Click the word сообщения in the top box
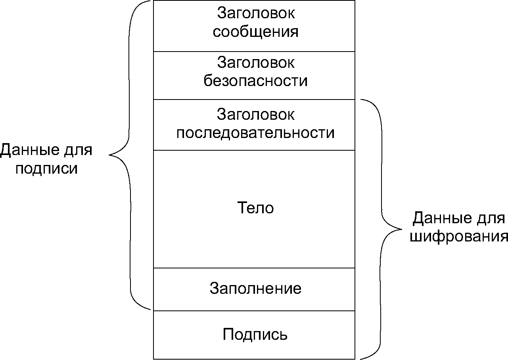pyautogui.click(x=255, y=32)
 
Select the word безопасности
pyautogui.click(x=255, y=81)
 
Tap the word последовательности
pyautogui.click(x=255, y=133)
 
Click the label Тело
pyautogui.click(x=255, y=208)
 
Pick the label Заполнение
pyautogui.click(x=255, y=288)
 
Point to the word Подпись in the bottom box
pyautogui.click(x=255, y=335)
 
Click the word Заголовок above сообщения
pyautogui.click(x=256, y=13)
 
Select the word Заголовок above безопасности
pyautogui.click(x=256, y=63)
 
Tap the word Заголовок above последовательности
pyautogui.click(x=256, y=115)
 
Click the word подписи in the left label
pyautogui.click(x=46, y=168)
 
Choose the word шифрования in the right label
pyautogui.click(x=459, y=236)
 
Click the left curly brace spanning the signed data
pyautogui.click(x=129, y=155)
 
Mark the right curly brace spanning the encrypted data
pyautogui.click(x=382, y=229)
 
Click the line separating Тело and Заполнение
pyautogui.click(x=254, y=268)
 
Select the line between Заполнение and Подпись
pyautogui.click(x=254, y=311)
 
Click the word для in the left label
pyautogui.click(x=77, y=150)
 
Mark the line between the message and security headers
pyautogui.click(x=254, y=51)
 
